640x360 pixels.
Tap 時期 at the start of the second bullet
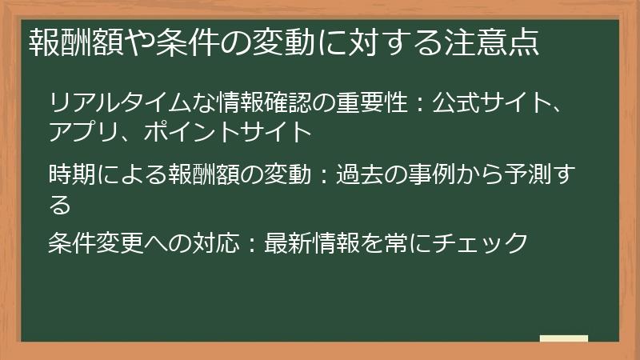(71, 174)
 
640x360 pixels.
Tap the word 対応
(215, 242)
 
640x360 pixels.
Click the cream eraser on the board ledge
(564, 339)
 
